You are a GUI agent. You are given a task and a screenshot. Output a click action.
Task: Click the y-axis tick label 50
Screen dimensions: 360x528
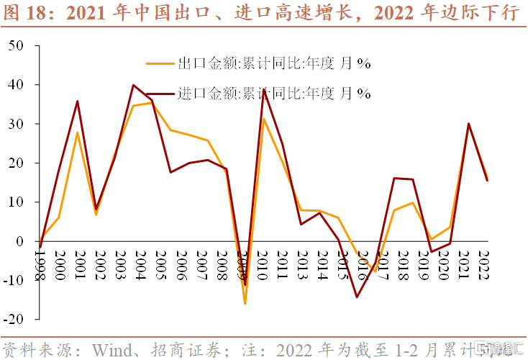[16, 46]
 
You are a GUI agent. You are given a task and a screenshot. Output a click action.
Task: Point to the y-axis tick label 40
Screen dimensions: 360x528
[16, 85]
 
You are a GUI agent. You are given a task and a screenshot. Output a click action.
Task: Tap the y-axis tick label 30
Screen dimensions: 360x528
[16, 124]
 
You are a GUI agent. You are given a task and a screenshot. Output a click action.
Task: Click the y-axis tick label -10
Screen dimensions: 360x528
[14, 280]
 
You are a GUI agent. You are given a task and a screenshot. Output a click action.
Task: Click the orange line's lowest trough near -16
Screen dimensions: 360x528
[245, 303]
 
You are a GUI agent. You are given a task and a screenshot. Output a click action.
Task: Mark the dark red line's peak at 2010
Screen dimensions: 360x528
[263, 89]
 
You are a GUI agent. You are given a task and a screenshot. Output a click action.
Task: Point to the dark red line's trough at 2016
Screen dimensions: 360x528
[356, 297]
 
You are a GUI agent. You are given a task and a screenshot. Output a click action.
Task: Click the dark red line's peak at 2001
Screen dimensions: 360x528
[77, 101]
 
